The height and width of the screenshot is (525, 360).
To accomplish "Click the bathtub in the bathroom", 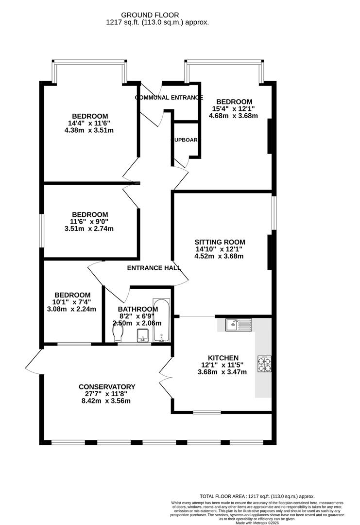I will pos(160,321).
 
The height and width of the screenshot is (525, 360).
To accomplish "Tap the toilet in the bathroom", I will pos(117,333).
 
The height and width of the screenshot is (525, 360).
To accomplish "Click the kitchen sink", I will pos(239,324).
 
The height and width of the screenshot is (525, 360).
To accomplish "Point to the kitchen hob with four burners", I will pos(266,365).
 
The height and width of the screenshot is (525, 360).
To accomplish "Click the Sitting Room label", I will pos(220,242).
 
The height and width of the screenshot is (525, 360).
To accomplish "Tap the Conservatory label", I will pos(107,387).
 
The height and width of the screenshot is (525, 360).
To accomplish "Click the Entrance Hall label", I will pos(154,268).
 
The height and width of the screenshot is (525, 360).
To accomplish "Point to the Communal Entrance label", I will pos(169,98).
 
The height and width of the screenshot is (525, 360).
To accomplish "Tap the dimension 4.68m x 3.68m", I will pos(233,116).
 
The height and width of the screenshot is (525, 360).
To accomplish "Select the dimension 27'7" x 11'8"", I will pos(107,394).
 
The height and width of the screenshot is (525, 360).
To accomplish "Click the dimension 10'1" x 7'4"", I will pos(72,302).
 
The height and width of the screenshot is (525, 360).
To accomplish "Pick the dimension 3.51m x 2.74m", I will pos(90,229).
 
